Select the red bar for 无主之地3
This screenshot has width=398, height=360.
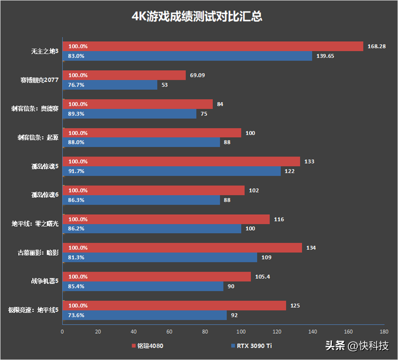[x=212, y=47]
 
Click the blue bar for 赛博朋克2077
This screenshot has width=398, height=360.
[x=109, y=85]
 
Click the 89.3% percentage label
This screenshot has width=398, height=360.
[x=76, y=114]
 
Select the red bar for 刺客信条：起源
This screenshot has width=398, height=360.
[x=152, y=133]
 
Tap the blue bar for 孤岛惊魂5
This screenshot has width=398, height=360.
[x=171, y=171]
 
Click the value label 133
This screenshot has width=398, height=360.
[x=309, y=162]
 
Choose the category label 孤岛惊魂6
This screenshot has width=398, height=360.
[x=44, y=195]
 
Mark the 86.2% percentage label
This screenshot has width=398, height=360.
[x=76, y=229]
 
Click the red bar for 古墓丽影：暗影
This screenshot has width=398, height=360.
[x=182, y=248]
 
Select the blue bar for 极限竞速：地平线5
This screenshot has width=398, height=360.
[x=144, y=315]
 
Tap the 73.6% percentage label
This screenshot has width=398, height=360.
[x=76, y=315]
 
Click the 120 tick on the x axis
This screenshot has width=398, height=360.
[x=277, y=331]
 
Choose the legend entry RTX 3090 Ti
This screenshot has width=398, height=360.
[x=251, y=346]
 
